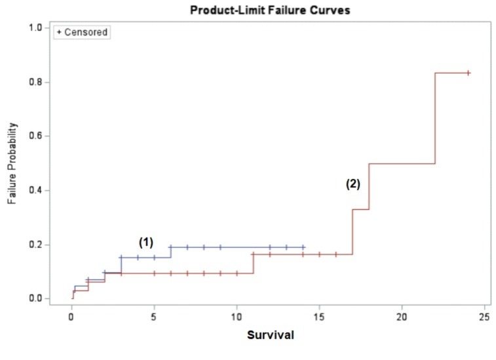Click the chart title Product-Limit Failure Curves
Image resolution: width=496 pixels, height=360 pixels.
click(x=267, y=10)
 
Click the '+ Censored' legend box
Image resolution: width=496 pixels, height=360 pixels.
click(x=81, y=32)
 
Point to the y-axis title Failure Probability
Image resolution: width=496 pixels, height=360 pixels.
click(x=12, y=163)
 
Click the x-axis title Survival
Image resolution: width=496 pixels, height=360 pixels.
click(x=270, y=335)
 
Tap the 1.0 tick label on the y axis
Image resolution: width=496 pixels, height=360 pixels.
click(x=36, y=28)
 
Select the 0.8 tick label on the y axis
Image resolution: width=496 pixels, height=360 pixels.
click(x=36, y=82)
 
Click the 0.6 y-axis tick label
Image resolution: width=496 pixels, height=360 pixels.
click(x=36, y=136)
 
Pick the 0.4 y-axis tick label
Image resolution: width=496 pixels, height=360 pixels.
click(x=36, y=190)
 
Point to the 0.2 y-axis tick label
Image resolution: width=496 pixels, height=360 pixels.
click(x=36, y=245)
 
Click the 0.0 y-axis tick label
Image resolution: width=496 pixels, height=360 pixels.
click(x=36, y=299)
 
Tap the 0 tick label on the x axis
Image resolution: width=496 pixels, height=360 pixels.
click(x=71, y=317)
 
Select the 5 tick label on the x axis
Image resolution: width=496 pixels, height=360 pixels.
click(x=154, y=317)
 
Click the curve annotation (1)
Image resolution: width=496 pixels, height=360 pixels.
click(x=145, y=242)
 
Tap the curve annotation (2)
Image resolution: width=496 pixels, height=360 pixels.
click(x=353, y=184)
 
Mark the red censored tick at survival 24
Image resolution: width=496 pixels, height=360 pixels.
click(x=468, y=73)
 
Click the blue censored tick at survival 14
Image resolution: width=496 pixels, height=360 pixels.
click(x=303, y=247)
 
